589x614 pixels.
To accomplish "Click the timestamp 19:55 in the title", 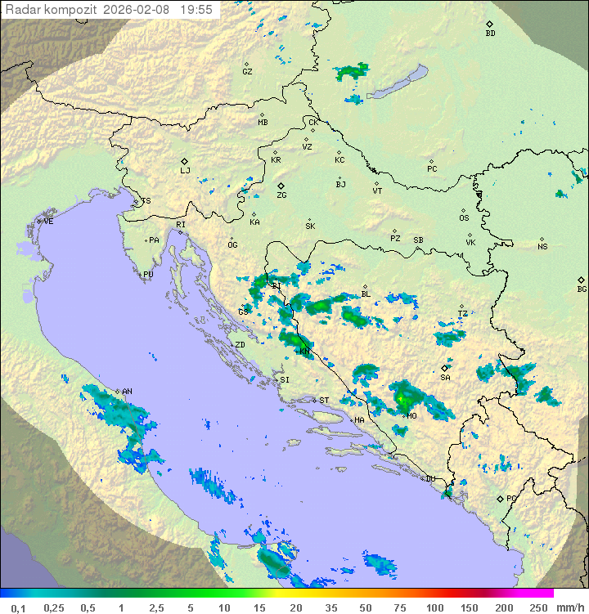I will point(196,10).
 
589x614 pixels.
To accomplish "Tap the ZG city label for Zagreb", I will point(281,195).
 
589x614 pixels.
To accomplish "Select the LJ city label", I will point(185,171).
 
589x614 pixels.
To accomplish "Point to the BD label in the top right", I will point(490,34).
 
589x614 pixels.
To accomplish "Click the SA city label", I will point(445,378).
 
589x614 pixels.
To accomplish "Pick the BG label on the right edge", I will point(582,289).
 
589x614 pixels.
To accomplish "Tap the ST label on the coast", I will point(324,401).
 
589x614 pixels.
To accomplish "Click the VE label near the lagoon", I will point(48,222).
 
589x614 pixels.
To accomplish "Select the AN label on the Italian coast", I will point(127,392).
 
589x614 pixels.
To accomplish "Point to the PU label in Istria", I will point(148,275).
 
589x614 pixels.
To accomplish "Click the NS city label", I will point(542,247).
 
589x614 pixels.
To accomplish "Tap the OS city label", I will point(464,218).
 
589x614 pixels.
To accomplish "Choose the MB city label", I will point(263,123).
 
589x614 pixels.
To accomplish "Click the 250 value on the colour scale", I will point(537,607).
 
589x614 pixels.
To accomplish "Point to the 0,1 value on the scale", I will point(18,607).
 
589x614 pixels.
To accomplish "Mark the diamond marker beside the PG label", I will point(500,499).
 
